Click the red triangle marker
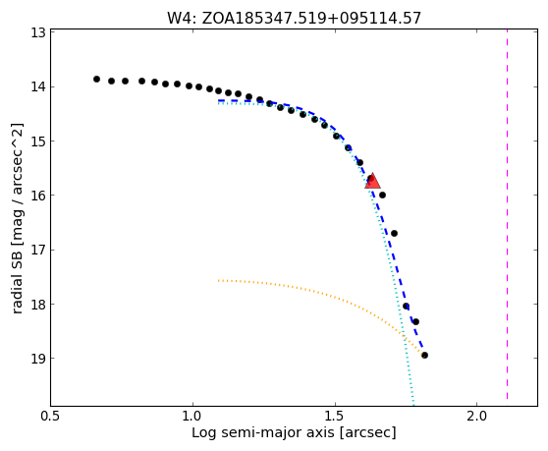tap(372, 181)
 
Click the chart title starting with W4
tap(294, 18)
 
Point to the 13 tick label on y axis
tap(38, 32)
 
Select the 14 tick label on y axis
tap(38, 86)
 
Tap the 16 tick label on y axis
tap(38, 196)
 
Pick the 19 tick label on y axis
tap(38, 359)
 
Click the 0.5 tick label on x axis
tap(51, 417)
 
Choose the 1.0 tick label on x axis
tap(192, 417)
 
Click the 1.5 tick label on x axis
tap(335, 417)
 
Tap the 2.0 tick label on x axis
tap(477, 417)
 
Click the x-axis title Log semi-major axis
tap(294, 432)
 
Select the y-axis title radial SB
tap(17, 218)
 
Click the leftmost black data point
tap(96, 79)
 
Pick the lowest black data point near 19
tap(424, 356)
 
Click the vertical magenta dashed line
tap(507, 215)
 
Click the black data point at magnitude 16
tap(382, 196)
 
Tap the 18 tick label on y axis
tap(38, 305)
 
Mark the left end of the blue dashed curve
tap(218, 100)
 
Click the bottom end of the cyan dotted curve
tap(413, 405)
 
